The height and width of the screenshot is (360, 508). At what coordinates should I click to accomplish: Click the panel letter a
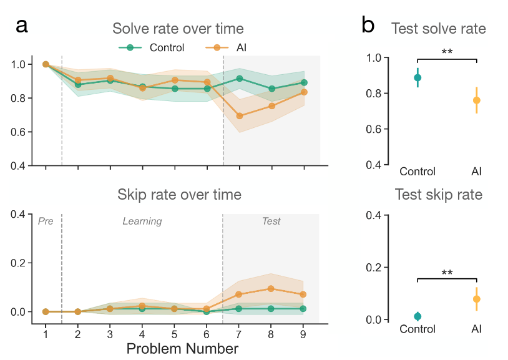click(22, 26)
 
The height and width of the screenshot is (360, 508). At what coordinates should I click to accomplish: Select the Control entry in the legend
click(151, 47)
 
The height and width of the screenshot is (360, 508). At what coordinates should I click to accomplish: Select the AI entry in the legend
click(226, 47)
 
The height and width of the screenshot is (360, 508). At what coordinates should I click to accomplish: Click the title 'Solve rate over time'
click(178, 29)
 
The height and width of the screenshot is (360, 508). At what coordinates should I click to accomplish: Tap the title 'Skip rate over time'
click(179, 195)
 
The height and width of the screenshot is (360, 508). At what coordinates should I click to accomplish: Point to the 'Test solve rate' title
click(438, 29)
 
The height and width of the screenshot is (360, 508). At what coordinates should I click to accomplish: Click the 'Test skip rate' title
click(438, 195)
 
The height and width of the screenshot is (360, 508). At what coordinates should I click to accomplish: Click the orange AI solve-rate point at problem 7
click(240, 115)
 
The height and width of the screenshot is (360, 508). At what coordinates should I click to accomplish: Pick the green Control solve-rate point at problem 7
click(240, 79)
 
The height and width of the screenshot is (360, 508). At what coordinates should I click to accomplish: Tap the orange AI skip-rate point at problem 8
click(271, 289)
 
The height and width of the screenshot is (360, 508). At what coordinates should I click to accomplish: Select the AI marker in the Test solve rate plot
click(477, 100)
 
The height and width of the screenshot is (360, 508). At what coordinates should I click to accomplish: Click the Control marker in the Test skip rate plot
click(418, 316)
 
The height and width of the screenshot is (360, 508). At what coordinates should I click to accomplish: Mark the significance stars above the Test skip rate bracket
click(447, 273)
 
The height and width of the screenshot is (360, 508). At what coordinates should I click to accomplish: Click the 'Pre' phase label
click(46, 221)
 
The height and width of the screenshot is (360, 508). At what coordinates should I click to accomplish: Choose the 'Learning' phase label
click(142, 221)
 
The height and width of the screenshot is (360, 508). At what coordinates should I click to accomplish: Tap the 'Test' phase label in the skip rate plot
click(271, 221)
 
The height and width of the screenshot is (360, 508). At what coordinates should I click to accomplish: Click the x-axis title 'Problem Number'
click(182, 349)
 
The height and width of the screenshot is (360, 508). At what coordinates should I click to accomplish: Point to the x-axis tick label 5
click(174, 334)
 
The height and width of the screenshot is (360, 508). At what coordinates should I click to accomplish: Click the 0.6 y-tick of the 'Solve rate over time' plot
click(18, 132)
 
